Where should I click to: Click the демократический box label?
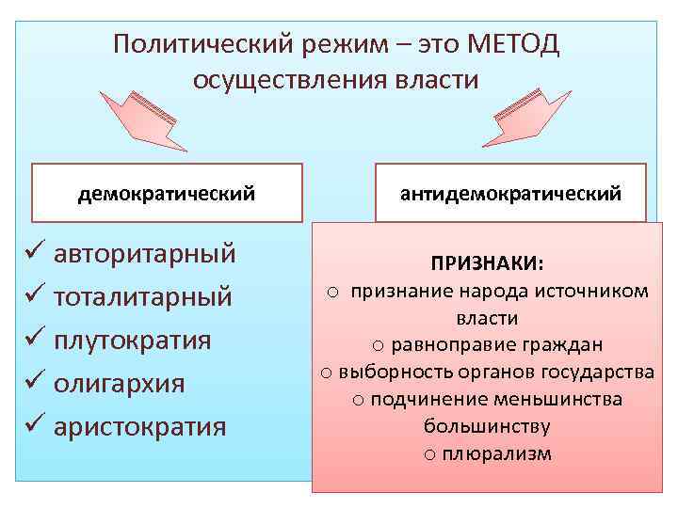[x=167, y=194]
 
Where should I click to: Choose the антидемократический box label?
[x=510, y=194]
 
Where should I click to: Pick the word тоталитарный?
[x=143, y=297]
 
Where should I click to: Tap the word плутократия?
[x=132, y=340]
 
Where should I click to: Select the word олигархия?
[x=119, y=384]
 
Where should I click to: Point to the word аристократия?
[x=139, y=426]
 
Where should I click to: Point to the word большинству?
[x=487, y=426]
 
